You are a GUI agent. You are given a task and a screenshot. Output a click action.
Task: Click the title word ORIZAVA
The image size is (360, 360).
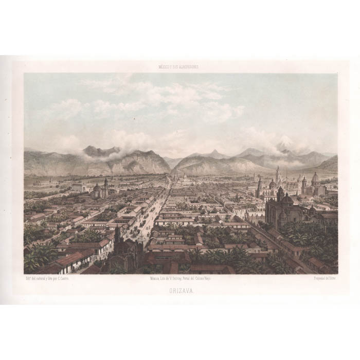pos(180,290)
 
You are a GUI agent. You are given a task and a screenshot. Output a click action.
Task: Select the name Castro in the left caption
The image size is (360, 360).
pos(67,278)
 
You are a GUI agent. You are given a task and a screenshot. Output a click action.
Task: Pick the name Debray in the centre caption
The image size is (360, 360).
pos(178,278)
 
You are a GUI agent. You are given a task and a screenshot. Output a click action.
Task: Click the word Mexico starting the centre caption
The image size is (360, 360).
pos(150,278)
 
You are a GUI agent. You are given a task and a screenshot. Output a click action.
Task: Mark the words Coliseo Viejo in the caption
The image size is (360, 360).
pos(206,278)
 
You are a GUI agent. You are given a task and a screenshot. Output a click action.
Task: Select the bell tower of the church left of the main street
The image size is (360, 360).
pos(106,184)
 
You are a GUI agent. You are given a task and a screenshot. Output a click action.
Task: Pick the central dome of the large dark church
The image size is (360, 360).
pos(286,199)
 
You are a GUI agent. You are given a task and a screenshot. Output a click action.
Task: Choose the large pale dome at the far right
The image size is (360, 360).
pos(315,178)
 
